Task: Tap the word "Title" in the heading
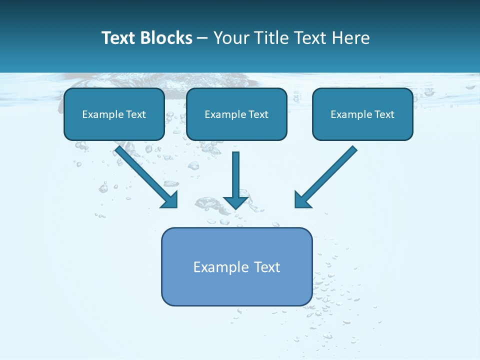tap(270, 38)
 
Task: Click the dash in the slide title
tap(203, 39)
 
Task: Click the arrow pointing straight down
tap(235, 175)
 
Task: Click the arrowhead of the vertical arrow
tap(235, 202)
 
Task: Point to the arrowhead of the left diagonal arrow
tap(170, 200)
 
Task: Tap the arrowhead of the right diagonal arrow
tap(301, 200)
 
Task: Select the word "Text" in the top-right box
tap(384, 114)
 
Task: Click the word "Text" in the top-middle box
tap(258, 114)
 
